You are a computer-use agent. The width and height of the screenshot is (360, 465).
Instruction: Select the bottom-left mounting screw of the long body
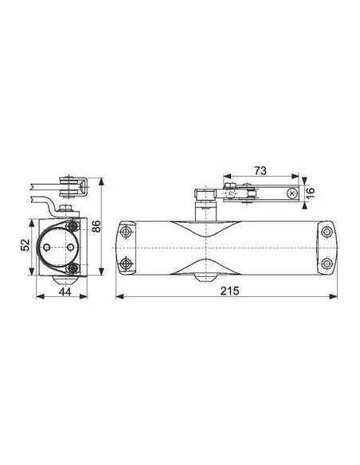(x=124, y=262)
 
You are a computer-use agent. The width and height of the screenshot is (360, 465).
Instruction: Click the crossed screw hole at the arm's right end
(x=293, y=193)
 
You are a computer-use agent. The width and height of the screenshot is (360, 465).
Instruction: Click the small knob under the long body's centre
(x=200, y=278)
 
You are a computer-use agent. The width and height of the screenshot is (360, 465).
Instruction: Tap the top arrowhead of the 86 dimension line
(x=102, y=181)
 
